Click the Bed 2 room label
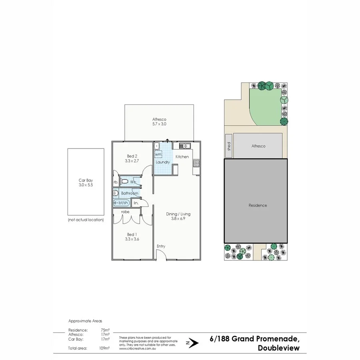tap(132, 156)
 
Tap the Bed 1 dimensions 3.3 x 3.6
tap(132, 239)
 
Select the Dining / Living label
tap(178, 214)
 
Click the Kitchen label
tap(182, 157)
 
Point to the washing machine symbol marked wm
tap(158, 154)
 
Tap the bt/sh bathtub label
tap(122, 203)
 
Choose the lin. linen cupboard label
tap(136, 203)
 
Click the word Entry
tap(161, 246)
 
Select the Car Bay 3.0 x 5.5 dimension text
tap(86, 186)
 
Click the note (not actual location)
tap(86, 220)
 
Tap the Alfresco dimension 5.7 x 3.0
tap(159, 124)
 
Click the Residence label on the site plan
tap(258, 206)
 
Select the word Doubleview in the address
tap(279, 348)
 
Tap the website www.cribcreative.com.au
tap(137, 349)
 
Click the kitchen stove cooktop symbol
tap(196, 163)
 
